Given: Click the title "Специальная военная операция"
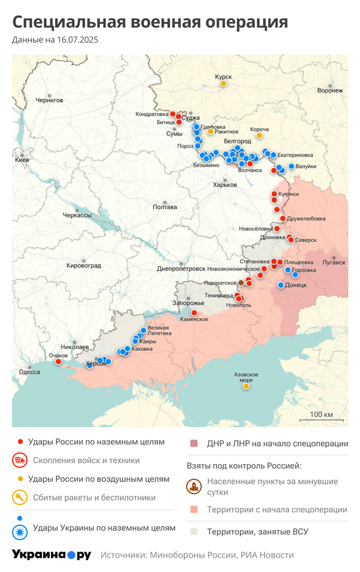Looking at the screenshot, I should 150,22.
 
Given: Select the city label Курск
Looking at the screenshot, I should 223,76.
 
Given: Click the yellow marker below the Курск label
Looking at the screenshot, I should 223,84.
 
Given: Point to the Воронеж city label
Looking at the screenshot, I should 330,91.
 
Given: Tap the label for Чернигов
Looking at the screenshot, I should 49,100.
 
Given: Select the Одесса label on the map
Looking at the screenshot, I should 29,372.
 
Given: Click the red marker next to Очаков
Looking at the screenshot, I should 58,362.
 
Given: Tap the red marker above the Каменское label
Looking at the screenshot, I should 194,312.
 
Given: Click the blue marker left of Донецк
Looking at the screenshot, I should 281,285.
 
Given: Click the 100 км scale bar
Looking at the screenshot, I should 321,419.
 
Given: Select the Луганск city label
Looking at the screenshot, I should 334,262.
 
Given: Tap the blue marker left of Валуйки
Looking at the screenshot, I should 292,166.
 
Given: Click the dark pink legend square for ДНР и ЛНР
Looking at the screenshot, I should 194,444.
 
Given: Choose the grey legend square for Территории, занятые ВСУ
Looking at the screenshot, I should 194,531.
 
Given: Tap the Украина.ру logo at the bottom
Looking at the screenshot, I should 51,555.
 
